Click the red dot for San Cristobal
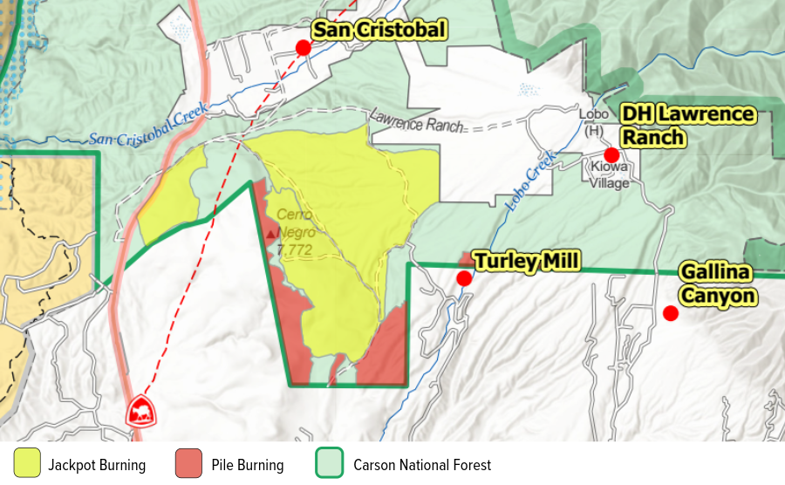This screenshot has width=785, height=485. pyautogui.click(x=303, y=47)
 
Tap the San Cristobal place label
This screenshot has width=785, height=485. pyautogui.click(x=379, y=31)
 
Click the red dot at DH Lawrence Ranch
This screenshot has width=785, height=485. pyautogui.click(x=611, y=154)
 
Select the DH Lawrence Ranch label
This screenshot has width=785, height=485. pyautogui.click(x=687, y=126)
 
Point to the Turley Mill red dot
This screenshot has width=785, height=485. pyautogui.click(x=464, y=278)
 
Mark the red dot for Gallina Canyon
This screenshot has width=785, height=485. pyautogui.click(x=670, y=313)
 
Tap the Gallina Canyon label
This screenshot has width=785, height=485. pyautogui.click(x=716, y=284)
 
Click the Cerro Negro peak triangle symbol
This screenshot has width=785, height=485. pyautogui.click(x=270, y=234)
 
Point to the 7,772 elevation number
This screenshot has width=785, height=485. pyautogui.click(x=296, y=251)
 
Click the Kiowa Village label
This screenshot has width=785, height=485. pyautogui.click(x=609, y=176)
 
